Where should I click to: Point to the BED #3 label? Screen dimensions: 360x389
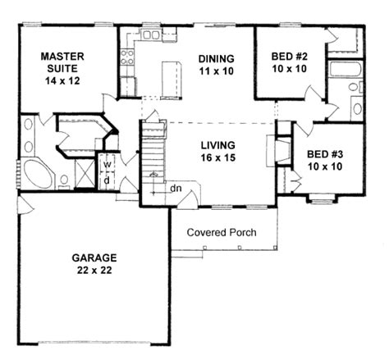click(x=324, y=153)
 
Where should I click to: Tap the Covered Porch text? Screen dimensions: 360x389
click(x=222, y=232)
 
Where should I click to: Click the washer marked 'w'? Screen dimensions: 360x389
click(x=108, y=162)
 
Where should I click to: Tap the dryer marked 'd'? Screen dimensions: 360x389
click(x=108, y=179)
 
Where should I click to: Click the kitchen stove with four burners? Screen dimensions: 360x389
click(x=127, y=57)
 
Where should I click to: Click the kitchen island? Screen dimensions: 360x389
click(x=170, y=78)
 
